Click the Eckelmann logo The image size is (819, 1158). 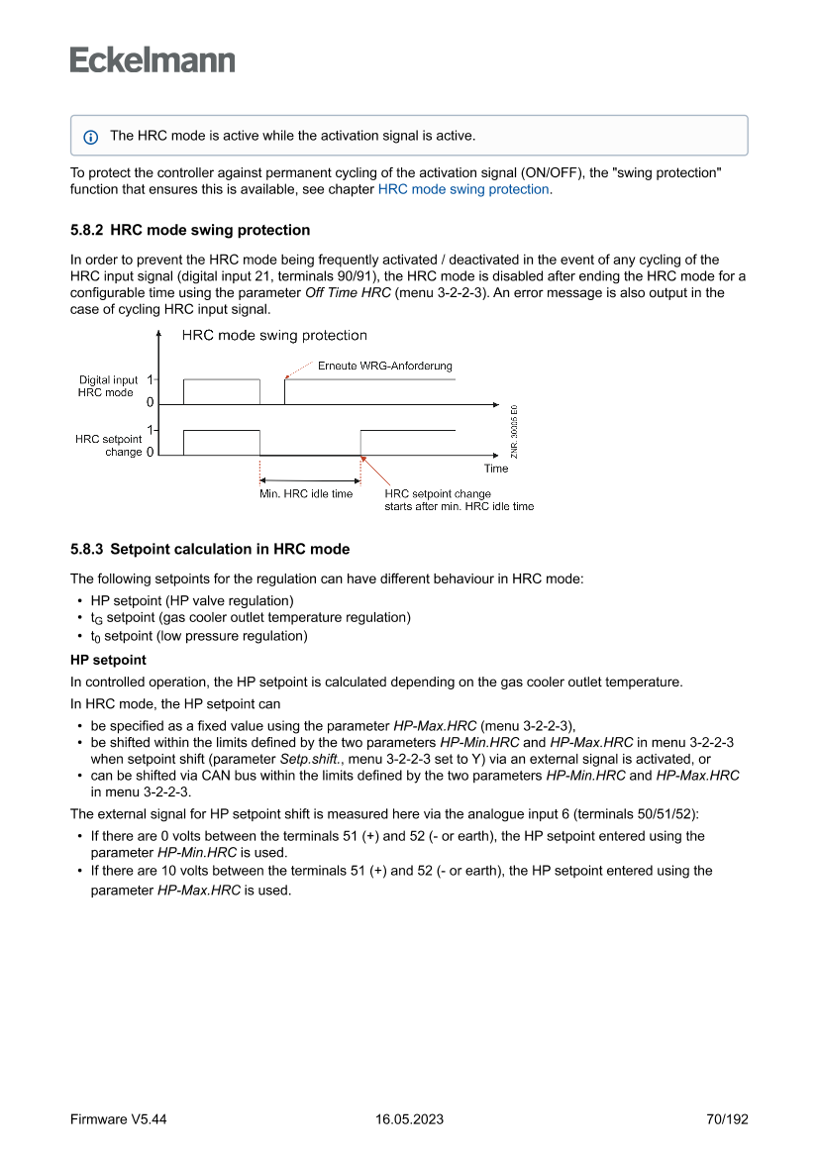(153, 60)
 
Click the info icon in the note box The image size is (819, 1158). (91, 136)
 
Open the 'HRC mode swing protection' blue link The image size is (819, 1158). (462, 189)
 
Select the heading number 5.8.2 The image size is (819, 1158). (87, 230)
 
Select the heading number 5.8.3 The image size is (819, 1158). (87, 549)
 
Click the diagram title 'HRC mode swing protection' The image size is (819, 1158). (274, 336)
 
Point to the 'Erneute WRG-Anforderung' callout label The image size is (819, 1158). (384, 366)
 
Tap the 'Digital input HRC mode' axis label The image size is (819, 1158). (107, 386)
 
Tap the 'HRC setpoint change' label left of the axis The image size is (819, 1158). (108, 445)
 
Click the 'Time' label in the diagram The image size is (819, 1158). (496, 469)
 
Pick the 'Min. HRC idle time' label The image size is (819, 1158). (306, 493)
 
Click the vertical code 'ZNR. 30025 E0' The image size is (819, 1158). (513, 431)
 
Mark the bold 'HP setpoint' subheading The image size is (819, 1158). (108, 659)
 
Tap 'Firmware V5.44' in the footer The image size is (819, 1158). (118, 1119)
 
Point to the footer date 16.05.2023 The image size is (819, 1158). (409, 1119)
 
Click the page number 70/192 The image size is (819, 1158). (727, 1119)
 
